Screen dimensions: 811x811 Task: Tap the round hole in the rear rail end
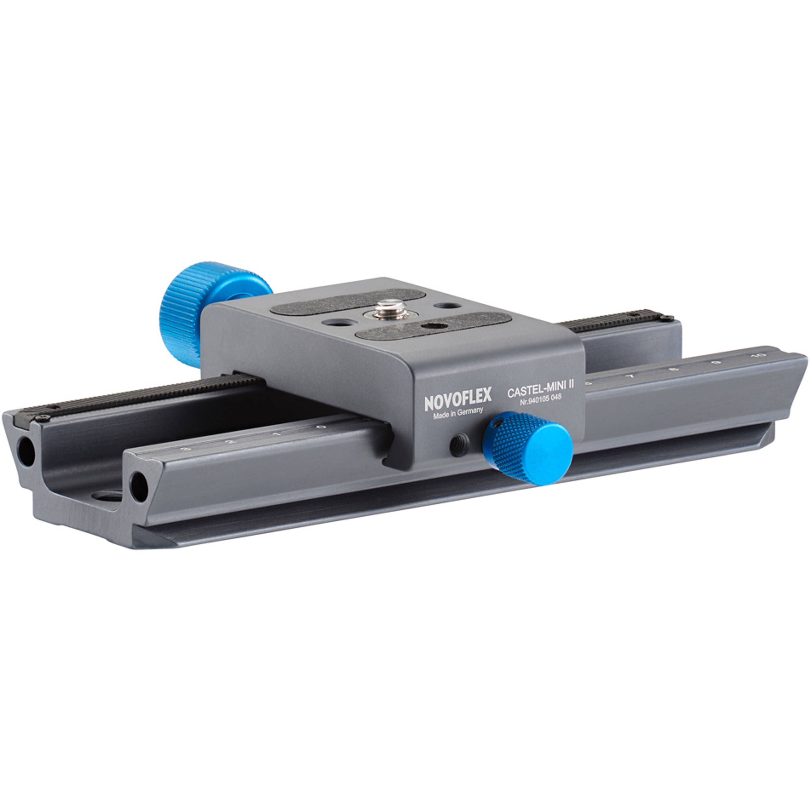coord(26,451)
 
